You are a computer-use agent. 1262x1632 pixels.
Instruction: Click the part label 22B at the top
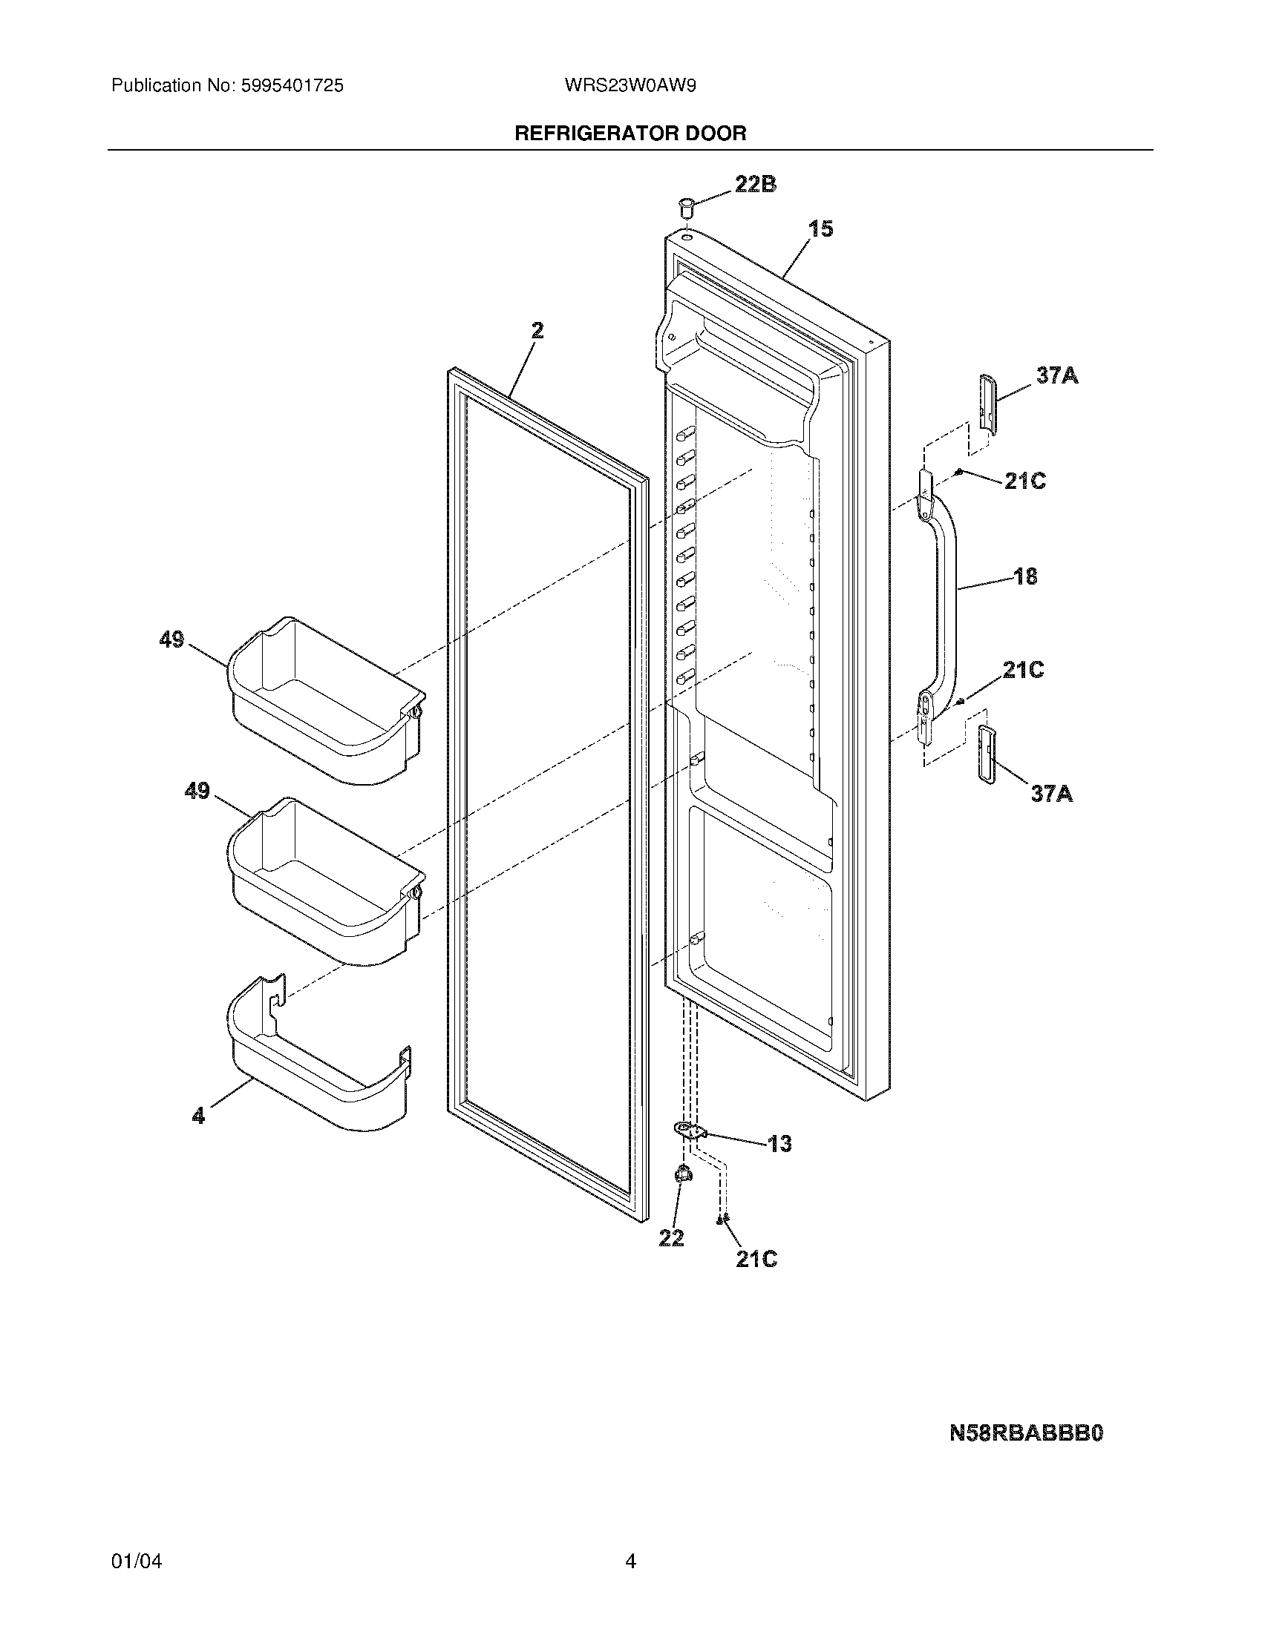[x=755, y=184]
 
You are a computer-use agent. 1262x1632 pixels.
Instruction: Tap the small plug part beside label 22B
[x=686, y=204]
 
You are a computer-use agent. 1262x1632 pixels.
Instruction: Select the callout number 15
[x=820, y=228]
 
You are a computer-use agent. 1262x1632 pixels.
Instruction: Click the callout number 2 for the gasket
[x=537, y=330]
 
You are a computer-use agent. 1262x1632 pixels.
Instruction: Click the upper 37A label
[x=1056, y=375]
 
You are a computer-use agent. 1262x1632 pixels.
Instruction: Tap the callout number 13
[x=779, y=1144]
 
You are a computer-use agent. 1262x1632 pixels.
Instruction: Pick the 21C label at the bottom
[x=756, y=1259]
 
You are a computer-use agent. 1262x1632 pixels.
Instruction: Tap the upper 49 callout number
[x=171, y=639]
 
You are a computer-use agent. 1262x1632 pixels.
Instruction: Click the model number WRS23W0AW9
[x=630, y=86]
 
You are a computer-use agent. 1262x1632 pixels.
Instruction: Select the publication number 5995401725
[x=292, y=86]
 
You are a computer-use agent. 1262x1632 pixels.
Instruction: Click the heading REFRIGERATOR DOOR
[x=630, y=134]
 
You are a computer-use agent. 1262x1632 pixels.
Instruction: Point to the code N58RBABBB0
[x=1026, y=1433]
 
